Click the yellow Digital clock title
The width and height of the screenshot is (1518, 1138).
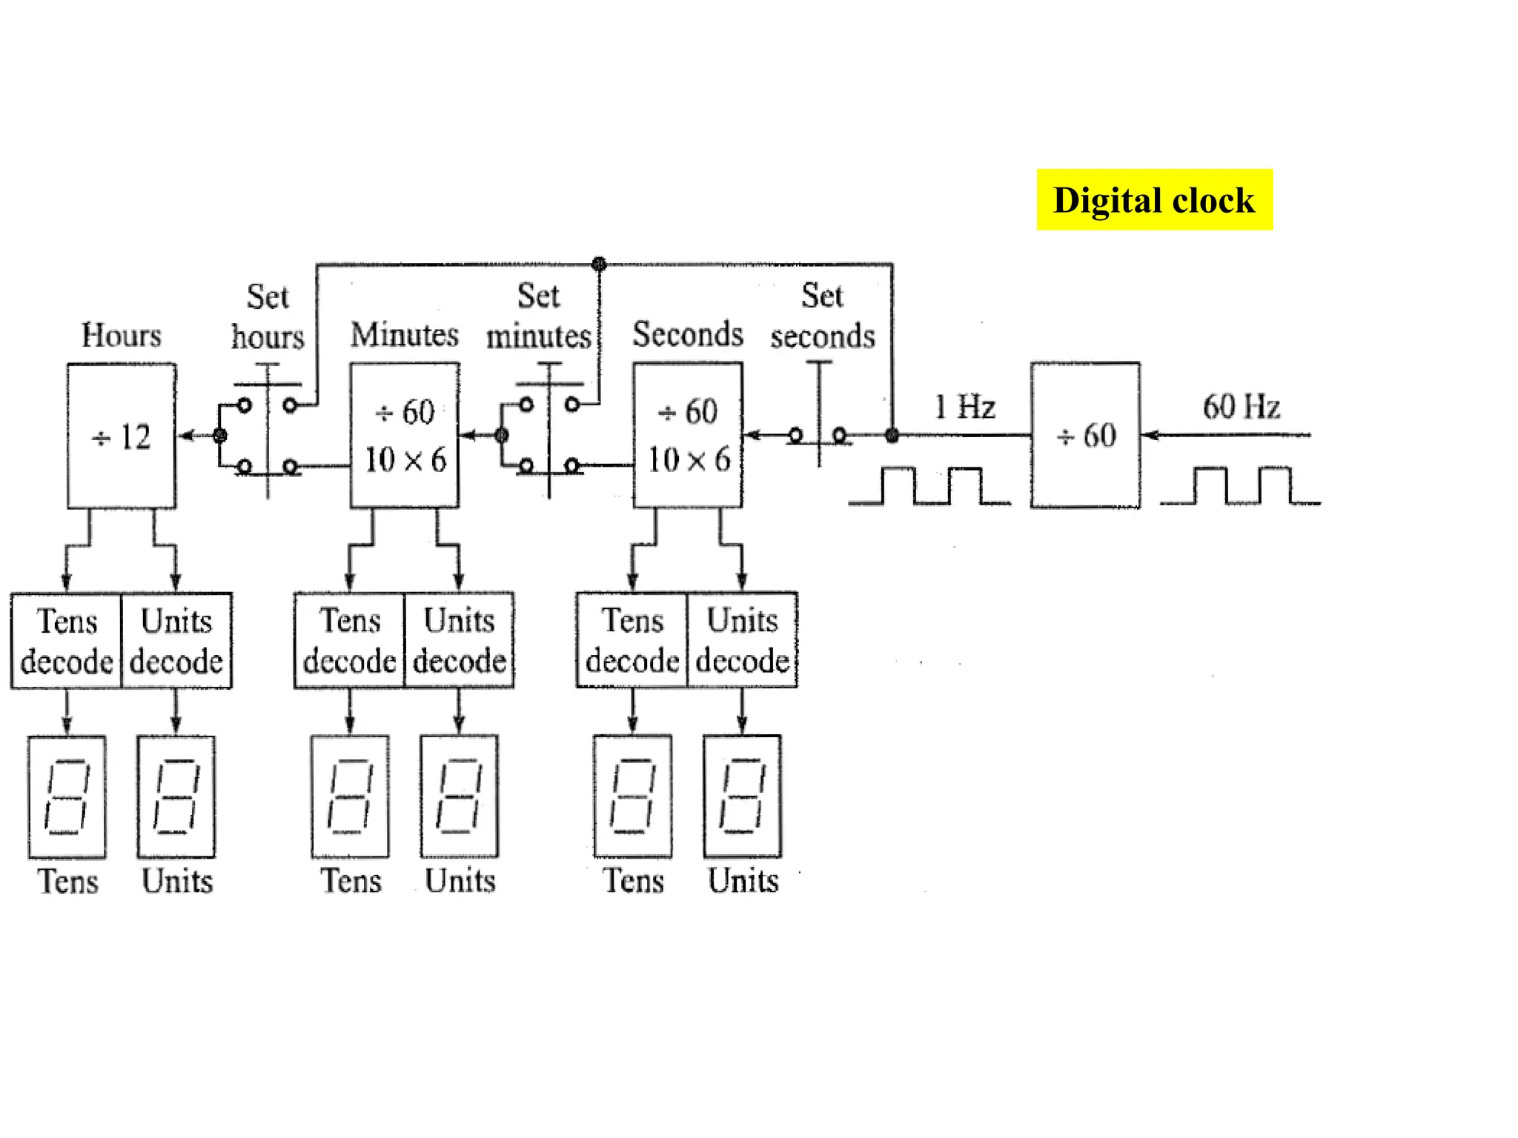point(1153,200)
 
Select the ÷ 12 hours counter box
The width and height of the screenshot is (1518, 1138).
point(122,436)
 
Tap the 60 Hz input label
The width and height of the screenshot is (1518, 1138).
point(1241,407)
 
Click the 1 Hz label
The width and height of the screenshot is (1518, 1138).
point(964,407)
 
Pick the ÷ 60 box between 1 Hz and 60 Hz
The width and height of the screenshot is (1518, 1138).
point(1085,436)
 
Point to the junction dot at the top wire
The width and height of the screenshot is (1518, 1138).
point(599,264)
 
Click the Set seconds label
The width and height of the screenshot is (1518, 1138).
point(822,316)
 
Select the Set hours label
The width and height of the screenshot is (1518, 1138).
point(268,317)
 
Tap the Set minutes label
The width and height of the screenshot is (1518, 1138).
point(538,316)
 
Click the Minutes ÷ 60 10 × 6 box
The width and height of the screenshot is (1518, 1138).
point(405,436)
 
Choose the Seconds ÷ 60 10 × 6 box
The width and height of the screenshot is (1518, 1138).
point(688,436)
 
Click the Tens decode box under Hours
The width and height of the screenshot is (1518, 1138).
point(67,641)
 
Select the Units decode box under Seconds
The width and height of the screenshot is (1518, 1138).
point(743,641)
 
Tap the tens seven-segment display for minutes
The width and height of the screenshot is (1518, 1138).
point(350,796)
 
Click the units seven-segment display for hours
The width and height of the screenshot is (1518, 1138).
point(176,796)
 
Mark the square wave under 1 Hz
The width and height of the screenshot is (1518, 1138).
point(930,487)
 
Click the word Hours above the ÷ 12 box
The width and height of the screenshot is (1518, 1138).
point(122,335)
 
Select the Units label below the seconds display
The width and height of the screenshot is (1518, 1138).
point(743,881)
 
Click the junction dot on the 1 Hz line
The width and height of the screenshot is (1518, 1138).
point(892,435)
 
